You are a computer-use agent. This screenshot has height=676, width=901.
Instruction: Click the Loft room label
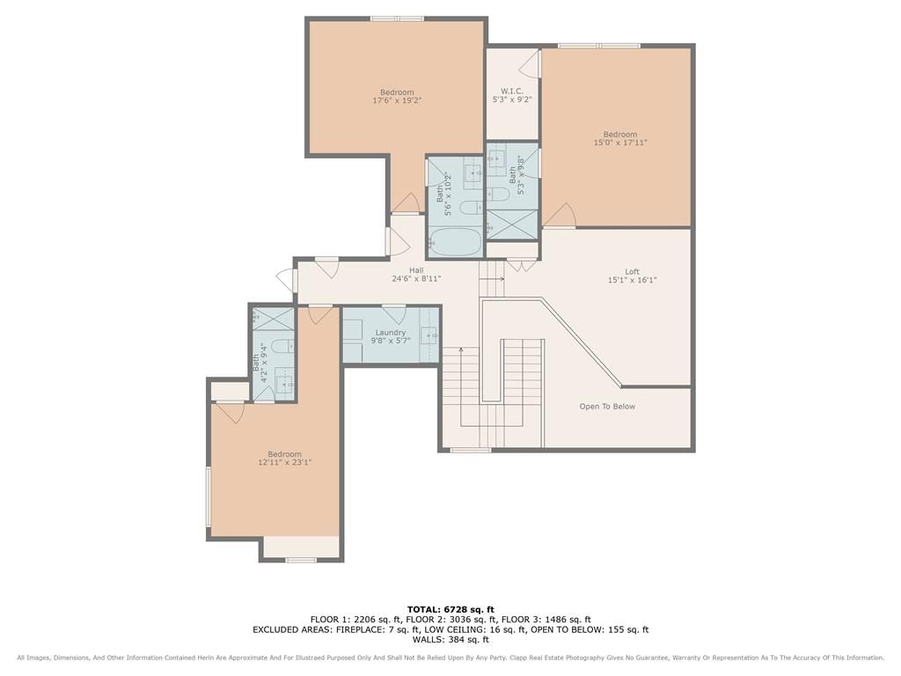(x=632, y=271)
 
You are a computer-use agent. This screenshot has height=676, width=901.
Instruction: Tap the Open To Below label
(x=607, y=407)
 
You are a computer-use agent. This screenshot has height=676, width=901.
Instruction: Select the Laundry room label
(x=390, y=332)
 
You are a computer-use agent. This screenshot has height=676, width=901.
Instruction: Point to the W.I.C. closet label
(x=511, y=92)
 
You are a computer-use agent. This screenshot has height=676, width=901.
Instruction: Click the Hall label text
(x=416, y=270)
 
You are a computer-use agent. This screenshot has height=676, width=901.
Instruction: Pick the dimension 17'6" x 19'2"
(x=397, y=100)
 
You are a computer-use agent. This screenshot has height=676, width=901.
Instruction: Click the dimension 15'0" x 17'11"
(x=620, y=142)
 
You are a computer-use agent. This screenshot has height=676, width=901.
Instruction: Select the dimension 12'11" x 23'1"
(x=284, y=461)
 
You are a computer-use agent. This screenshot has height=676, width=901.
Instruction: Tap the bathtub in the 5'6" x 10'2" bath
(x=455, y=242)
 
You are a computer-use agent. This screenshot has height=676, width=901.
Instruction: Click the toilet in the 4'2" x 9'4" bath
(x=282, y=347)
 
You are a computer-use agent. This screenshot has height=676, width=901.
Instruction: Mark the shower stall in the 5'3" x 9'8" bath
(x=512, y=224)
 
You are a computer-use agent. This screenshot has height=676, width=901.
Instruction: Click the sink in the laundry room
(x=429, y=334)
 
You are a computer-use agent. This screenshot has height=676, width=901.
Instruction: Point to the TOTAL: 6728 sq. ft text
(x=450, y=609)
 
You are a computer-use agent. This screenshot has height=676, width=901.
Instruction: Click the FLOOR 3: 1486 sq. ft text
(x=546, y=619)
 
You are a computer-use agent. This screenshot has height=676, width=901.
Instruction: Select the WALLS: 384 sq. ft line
(x=450, y=639)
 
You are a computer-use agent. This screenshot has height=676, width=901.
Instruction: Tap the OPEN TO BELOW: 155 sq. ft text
(x=590, y=629)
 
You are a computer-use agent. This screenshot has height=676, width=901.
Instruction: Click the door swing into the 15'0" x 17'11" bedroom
(x=560, y=215)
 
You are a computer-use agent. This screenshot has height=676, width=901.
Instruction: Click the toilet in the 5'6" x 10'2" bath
(x=472, y=208)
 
